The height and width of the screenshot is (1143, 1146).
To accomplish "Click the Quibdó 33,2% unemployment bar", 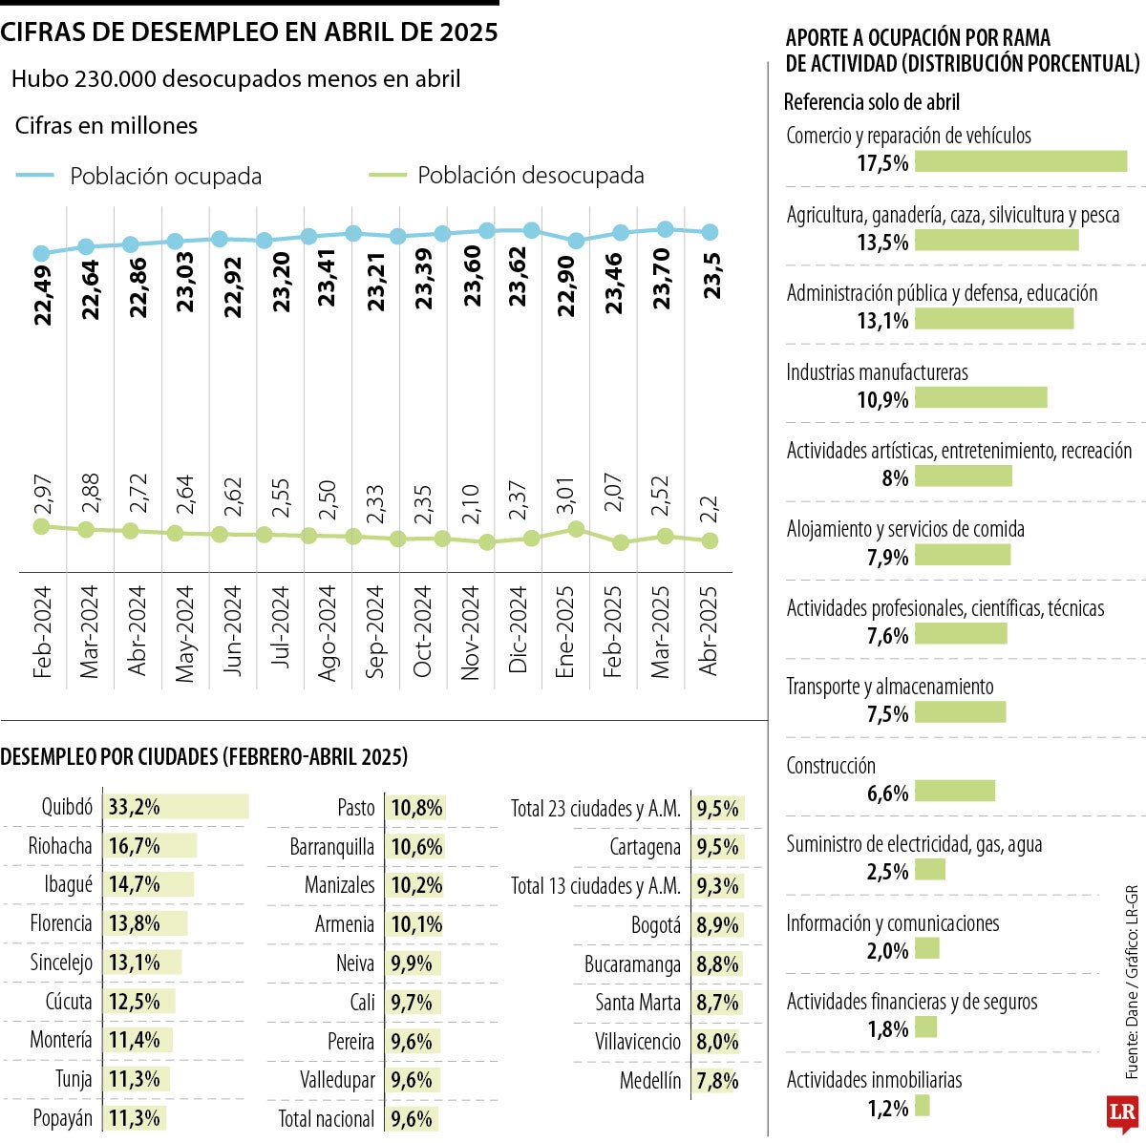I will point(177,807).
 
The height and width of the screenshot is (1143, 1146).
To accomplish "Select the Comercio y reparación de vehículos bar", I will point(1021,161).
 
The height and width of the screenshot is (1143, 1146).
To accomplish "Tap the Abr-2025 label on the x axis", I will point(709,630).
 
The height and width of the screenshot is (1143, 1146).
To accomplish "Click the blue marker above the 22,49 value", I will point(41,253).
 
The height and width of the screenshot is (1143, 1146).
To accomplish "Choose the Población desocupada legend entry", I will point(506,176).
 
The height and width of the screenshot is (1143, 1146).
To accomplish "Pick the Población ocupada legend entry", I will point(139,176).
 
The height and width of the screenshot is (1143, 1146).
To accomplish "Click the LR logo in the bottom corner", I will point(1122,1112).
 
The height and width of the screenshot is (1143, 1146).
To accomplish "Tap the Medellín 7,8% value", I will point(717,1081).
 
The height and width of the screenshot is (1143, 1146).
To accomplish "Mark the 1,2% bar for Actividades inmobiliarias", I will point(922,1106).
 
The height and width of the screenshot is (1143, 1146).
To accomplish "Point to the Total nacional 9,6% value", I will point(412,1118).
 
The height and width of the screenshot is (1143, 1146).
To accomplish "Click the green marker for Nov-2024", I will point(487,542).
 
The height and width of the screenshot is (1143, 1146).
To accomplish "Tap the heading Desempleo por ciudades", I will point(203,757).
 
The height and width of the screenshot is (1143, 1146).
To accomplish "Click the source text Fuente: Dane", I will point(1133,1012).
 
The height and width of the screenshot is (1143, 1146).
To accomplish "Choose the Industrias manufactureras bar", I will point(981,397).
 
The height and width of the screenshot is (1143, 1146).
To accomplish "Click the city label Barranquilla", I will point(332,847).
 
